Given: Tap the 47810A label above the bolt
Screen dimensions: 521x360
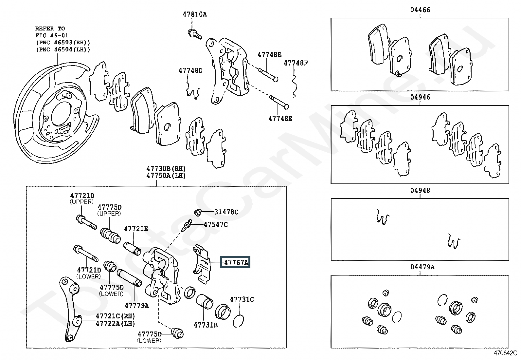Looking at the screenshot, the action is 195,14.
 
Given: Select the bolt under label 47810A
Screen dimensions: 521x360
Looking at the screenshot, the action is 195,34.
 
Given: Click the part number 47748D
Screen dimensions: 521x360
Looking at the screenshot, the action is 190,70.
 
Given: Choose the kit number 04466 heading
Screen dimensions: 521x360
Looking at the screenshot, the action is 420,10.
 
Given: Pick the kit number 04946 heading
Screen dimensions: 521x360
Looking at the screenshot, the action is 420,97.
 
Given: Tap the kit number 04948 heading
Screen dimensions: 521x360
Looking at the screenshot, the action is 420,190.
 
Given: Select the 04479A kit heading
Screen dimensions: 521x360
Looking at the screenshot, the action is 422,267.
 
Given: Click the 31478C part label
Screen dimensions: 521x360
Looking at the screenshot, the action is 226,212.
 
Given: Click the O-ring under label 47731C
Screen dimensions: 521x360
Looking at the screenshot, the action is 238,321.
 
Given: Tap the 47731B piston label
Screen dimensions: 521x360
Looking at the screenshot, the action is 206,325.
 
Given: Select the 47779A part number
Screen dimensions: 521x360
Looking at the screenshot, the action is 136,305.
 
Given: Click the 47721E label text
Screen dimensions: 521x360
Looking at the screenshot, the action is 136,229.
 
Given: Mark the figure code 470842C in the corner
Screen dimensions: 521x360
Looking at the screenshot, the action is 505,353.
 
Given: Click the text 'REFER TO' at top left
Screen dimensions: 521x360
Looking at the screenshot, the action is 50,28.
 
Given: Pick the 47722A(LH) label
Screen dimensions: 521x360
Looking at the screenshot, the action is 116,323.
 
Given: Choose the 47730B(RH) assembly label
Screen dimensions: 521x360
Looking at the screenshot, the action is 166,168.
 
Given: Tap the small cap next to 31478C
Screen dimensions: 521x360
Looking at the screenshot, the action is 197,212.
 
